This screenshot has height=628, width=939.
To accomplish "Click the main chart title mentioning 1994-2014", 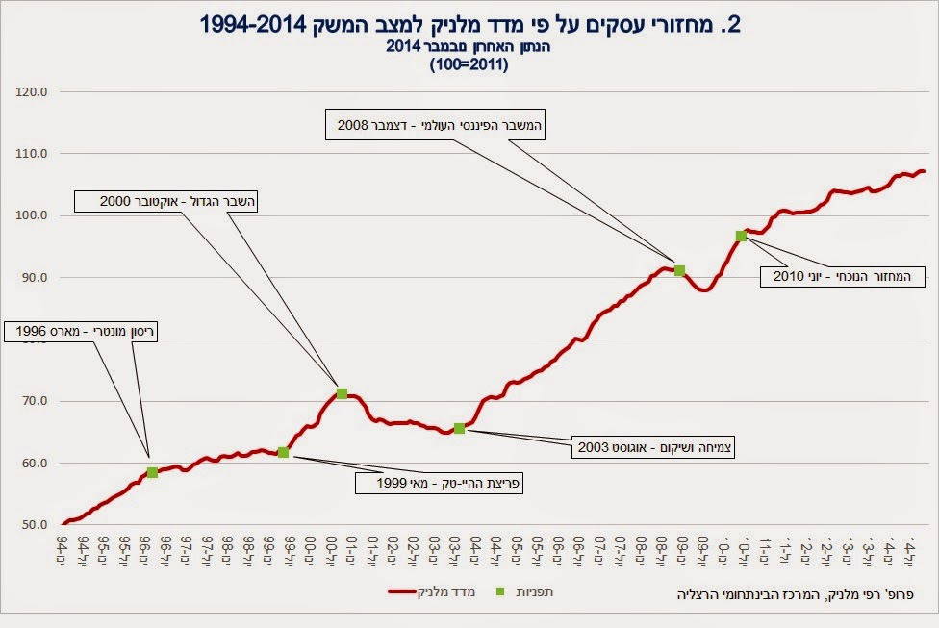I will pyautogui.click(x=469, y=24).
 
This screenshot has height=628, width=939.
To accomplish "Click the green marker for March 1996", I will pyautogui.click(x=152, y=472).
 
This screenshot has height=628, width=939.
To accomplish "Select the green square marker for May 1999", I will pyautogui.click(x=283, y=452).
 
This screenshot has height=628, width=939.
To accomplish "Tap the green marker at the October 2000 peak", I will pyautogui.click(x=342, y=393).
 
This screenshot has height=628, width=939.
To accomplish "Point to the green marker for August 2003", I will pyautogui.click(x=459, y=428).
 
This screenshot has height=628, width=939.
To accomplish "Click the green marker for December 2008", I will pyautogui.click(x=679, y=271).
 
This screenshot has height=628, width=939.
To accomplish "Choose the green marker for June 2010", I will pyautogui.click(x=741, y=236).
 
